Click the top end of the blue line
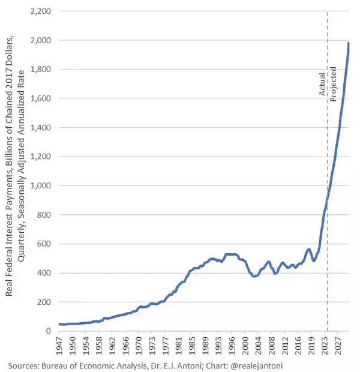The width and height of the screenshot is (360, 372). point(349,43)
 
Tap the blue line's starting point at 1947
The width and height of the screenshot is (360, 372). point(59,324)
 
